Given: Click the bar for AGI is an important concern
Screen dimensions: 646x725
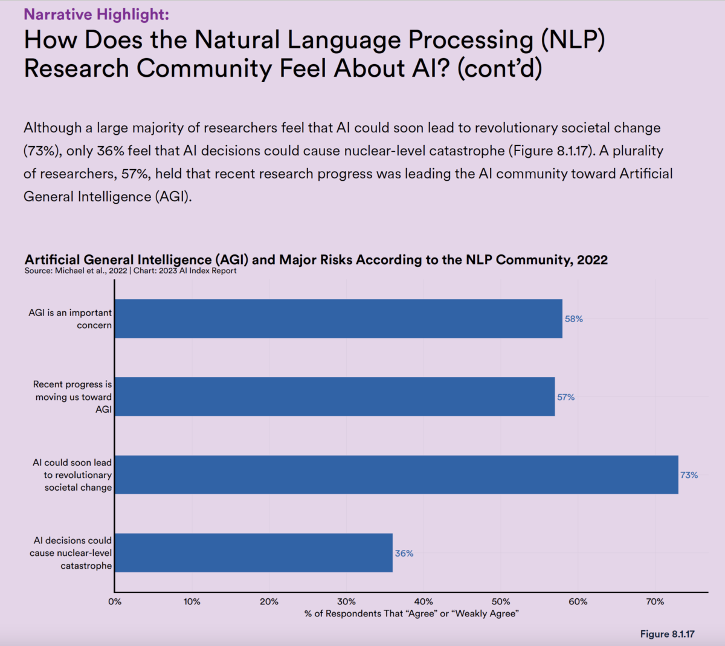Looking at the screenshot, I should click(338, 318).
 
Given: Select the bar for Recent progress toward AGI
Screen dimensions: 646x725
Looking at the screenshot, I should click(335, 396).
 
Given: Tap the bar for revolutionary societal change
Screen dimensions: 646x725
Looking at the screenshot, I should click(396, 474).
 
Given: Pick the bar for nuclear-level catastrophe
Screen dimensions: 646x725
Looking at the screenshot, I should click(254, 552).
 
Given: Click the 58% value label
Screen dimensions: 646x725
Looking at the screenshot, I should click(573, 319).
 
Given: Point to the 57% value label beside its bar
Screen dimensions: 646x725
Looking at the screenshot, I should click(565, 397).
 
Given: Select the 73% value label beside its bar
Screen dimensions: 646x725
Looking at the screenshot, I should click(689, 475).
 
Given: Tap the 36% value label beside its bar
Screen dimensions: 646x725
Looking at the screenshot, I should click(404, 553).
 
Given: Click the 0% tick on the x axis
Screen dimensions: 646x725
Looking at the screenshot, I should click(115, 601).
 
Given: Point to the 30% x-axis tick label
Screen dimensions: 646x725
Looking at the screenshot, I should click(346, 601).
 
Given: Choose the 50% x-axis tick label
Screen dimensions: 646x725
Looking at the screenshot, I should click(501, 601).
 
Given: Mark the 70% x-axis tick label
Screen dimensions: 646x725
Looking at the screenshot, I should click(655, 601).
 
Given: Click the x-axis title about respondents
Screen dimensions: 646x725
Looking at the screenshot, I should click(411, 613).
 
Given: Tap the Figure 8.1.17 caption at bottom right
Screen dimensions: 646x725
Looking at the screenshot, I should click(667, 634).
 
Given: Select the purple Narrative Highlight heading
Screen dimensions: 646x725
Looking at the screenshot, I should click(97, 14).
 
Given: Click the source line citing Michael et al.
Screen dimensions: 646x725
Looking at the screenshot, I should click(130, 271).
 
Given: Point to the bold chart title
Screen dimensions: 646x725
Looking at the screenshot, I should click(316, 260).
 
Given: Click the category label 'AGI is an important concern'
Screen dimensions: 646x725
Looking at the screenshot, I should click(70, 319).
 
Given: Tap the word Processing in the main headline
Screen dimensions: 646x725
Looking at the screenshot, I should click(471, 40).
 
